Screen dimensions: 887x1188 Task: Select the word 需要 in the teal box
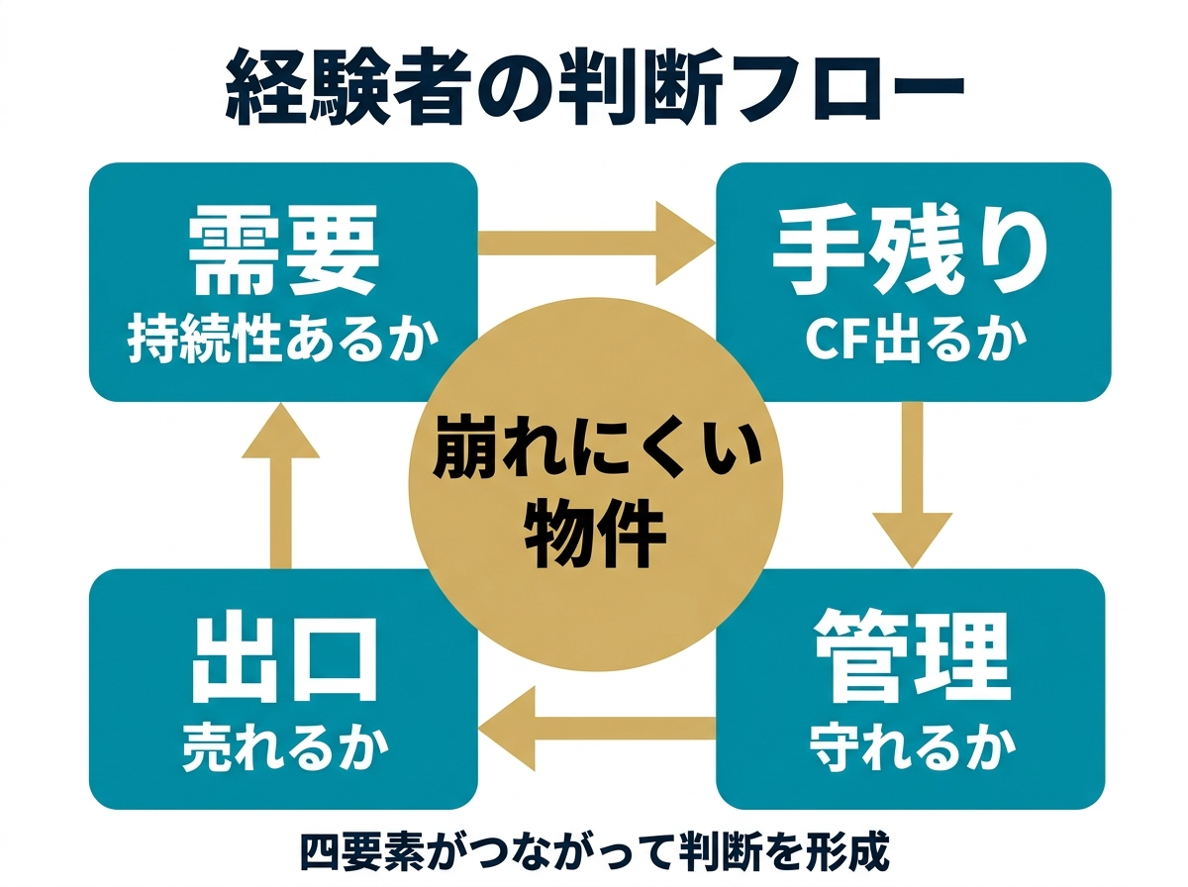[283, 254]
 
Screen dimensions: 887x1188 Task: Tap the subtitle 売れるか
[284, 749]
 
